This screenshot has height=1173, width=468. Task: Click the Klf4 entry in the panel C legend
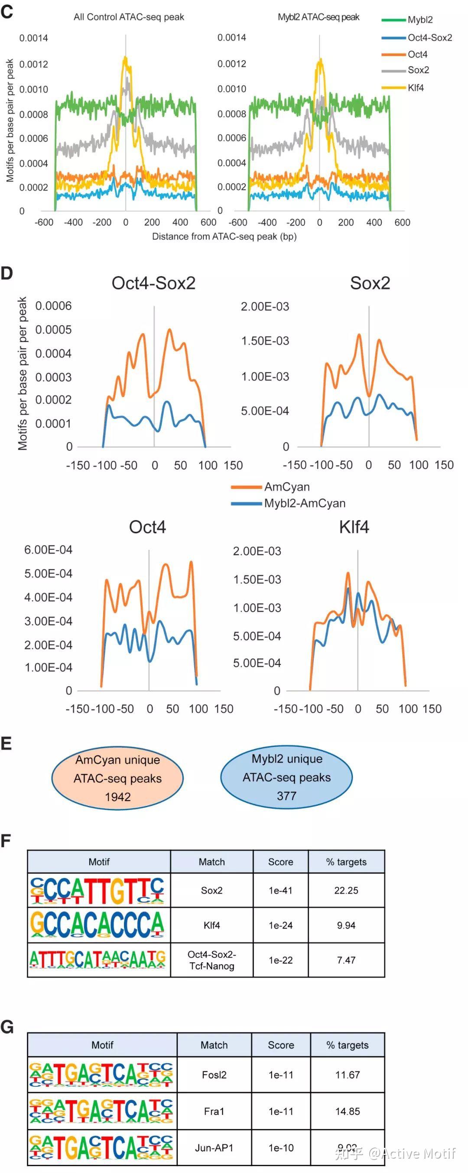(x=415, y=88)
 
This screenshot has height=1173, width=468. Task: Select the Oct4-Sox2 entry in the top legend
(x=429, y=38)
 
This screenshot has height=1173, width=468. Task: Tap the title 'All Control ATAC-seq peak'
(x=129, y=17)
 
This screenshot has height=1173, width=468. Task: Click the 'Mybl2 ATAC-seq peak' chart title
(x=318, y=17)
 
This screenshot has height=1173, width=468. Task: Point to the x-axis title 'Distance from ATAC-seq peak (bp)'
(x=224, y=236)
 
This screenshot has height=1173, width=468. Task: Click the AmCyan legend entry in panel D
(x=287, y=487)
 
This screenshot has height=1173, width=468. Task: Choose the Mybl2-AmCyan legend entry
(x=305, y=503)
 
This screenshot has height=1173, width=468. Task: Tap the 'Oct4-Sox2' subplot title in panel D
(x=153, y=283)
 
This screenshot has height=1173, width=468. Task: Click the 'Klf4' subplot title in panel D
(x=354, y=527)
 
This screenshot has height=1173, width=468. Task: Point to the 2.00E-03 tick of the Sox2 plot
(x=265, y=306)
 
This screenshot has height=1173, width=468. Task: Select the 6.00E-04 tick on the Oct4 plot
(x=48, y=550)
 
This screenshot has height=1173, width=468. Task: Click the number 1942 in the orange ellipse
(x=118, y=797)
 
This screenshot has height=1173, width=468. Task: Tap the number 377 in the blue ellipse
(x=286, y=796)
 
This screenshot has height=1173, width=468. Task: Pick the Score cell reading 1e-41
(x=280, y=890)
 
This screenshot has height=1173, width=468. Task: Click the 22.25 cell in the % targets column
(x=346, y=890)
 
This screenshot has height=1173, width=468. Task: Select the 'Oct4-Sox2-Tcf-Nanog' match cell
(x=212, y=960)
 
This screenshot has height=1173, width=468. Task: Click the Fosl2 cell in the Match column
(x=214, y=1075)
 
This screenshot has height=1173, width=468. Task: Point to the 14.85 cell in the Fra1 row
(x=348, y=1111)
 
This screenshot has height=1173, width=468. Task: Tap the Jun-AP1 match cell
(x=214, y=1148)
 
